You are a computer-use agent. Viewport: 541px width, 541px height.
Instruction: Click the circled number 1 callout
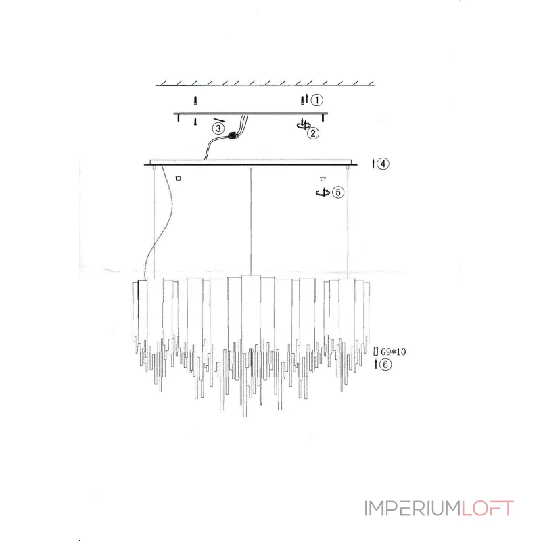click(316, 100)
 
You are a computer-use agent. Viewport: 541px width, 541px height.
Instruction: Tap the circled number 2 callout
click(313, 133)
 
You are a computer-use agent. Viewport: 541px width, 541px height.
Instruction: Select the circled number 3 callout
click(218, 128)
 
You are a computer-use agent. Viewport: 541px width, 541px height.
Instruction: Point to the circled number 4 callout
click(383, 164)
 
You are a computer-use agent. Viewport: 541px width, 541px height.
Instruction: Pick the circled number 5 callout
click(338, 192)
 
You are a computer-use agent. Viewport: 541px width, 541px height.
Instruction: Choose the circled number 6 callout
click(385, 364)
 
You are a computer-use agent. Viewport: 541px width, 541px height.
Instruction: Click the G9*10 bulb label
click(394, 352)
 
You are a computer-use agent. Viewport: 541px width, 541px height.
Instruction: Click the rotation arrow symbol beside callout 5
click(323, 193)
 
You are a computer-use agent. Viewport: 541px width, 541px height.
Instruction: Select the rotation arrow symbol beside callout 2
click(303, 125)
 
